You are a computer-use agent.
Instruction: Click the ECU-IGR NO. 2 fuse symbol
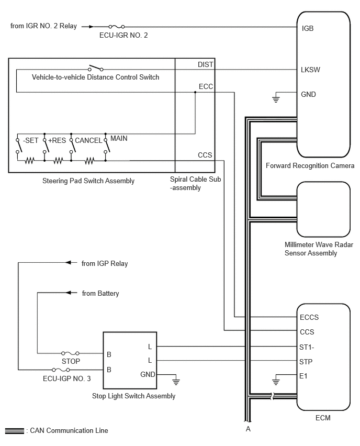pos(117,27)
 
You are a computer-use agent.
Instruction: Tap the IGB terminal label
pos(307,28)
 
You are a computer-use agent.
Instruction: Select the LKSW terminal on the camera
pos(310,70)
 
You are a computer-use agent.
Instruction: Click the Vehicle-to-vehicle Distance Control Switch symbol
pos(96,68)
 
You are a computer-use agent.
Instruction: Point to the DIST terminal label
pos(205,64)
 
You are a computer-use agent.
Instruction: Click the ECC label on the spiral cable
pos(206,86)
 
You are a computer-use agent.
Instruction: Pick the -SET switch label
pos(30,140)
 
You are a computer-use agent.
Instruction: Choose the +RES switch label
pos(57,140)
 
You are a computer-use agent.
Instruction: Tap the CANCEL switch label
pos(88,140)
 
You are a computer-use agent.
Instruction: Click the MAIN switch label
pos(119,139)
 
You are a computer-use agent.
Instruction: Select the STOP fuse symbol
pos(70,353)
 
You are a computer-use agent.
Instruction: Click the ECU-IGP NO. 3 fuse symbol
pos(61,370)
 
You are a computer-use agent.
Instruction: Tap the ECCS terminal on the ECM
pos(309,317)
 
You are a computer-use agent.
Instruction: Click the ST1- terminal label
pos(307,347)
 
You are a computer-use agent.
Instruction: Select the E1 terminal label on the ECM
pos(303,376)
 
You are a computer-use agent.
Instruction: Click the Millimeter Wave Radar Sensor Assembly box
pos(323,209)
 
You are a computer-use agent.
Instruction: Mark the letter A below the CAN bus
pos(248,429)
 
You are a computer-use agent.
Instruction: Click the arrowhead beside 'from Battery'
pos(68,293)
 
